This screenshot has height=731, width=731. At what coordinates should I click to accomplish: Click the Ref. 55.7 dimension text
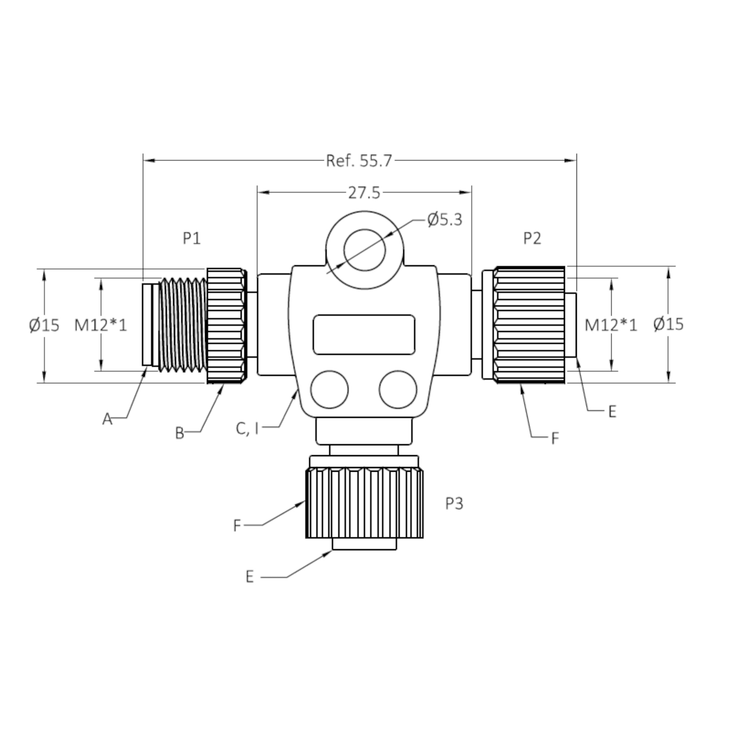pos(359,161)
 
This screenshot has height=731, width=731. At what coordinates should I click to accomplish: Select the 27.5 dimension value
pos(364,193)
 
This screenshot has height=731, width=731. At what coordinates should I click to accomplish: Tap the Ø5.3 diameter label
pos(445,219)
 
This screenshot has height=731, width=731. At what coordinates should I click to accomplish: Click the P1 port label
pos(192,238)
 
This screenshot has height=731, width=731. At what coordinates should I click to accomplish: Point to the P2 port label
pos(532,238)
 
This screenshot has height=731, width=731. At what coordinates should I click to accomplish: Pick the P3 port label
pos(454,503)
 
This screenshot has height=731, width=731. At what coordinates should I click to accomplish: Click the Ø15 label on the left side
pos(44,325)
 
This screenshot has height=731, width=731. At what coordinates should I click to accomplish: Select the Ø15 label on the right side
pos(669,324)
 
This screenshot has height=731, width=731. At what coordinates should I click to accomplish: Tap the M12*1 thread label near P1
pos(101,325)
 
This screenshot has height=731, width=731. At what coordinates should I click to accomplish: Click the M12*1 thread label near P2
pos(611,325)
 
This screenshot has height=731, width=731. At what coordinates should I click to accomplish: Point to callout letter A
pos(108,419)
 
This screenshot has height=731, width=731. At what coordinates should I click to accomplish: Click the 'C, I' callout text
pos(247,429)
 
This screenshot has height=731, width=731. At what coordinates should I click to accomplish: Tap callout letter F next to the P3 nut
pos(237,525)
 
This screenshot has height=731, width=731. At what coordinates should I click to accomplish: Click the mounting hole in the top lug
pos(364,250)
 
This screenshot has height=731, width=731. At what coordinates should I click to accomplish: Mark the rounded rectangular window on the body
pos(364,334)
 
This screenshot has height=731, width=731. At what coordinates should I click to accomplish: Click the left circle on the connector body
pos(329,389)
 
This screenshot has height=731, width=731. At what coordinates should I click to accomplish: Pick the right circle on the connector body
pos(398,389)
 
